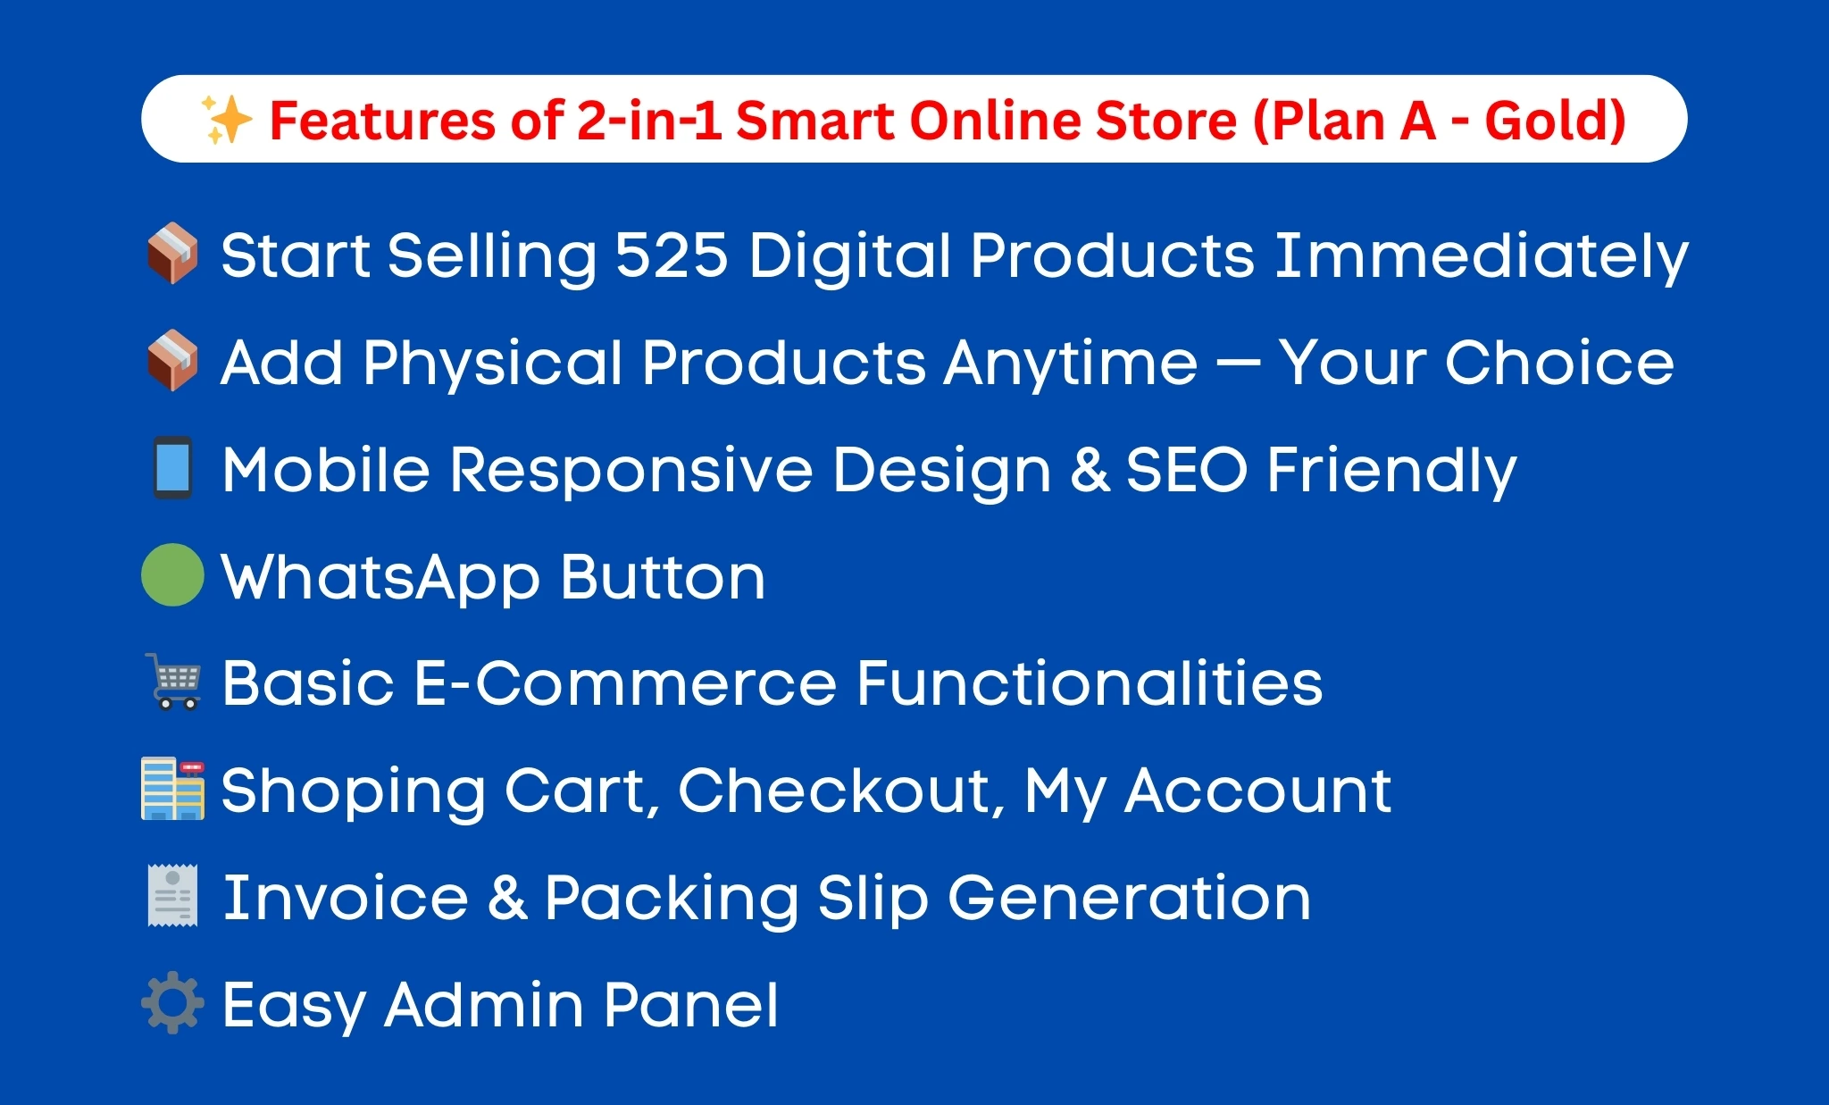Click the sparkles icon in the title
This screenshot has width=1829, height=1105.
[x=226, y=120]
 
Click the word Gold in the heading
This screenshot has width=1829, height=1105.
[x=1554, y=121]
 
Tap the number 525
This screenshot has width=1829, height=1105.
[x=672, y=255]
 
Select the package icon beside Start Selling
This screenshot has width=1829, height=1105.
[x=172, y=254]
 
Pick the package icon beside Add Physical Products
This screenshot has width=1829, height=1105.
[x=172, y=361]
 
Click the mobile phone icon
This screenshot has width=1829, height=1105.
[x=172, y=467]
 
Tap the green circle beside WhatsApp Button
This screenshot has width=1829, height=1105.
[x=172, y=575]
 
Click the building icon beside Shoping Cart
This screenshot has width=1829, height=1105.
[x=172, y=789]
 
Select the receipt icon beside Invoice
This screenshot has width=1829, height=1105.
[x=172, y=895]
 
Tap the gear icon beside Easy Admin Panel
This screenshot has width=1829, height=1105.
[x=172, y=1002]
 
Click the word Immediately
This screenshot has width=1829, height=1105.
[x=1481, y=257]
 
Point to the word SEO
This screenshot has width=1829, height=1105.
[x=1186, y=470]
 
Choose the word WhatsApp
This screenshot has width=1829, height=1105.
[x=380, y=579]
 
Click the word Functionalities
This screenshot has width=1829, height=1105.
[x=1089, y=683]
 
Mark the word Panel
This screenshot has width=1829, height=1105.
[x=690, y=1005]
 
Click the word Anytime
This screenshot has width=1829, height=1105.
[x=1071, y=364]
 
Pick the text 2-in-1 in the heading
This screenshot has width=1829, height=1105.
[x=649, y=121]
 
